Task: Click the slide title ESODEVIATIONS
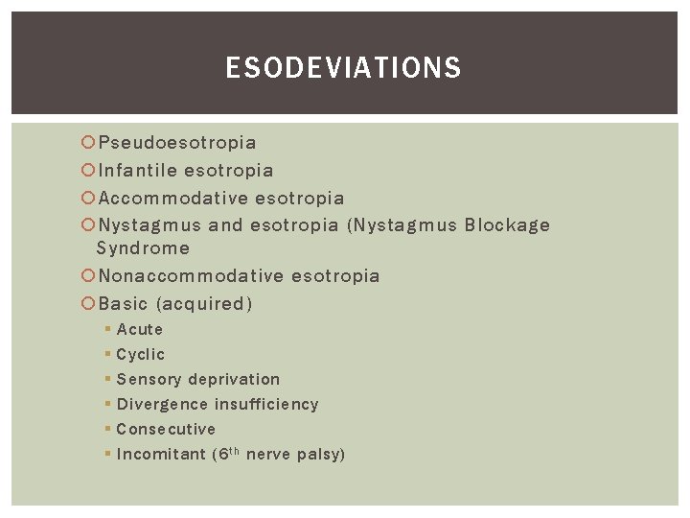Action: tap(343, 68)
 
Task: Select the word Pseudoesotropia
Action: tap(177, 143)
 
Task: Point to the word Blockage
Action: tap(507, 225)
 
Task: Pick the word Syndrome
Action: tap(144, 248)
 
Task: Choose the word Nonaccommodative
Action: tap(192, 276)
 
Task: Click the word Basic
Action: tap(123, 304)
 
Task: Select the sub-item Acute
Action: tap(140, 329)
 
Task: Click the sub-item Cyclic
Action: tap(141, 354)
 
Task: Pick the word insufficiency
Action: tap(266, 404)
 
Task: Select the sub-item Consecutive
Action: tap(166, 429)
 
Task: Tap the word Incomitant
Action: tap(160, 454)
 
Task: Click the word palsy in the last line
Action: tap(320, 454)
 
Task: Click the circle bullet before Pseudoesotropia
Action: tap(88, 143)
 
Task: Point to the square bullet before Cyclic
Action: tap(108, 355)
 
